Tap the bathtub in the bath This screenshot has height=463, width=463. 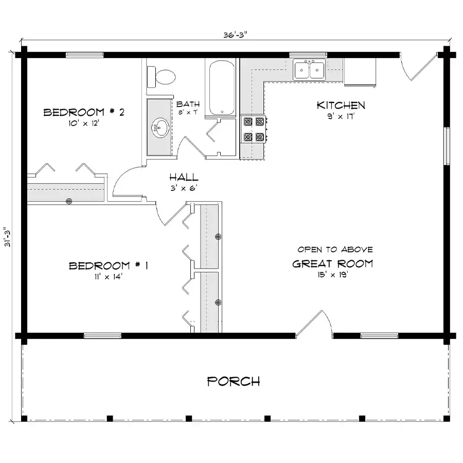click(x=222, y=87)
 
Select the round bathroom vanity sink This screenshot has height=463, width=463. click(x=160, y=128)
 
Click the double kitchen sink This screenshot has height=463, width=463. click(x=309, y=69)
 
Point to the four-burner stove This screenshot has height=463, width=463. click(x=254, y=129)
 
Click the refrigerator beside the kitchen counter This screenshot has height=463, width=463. click(x=360, y=72)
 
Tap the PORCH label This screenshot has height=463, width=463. click(x=234, y=381)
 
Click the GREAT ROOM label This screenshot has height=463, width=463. click(x=333, y=264)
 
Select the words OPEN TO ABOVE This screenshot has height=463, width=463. click(x=335, y=250)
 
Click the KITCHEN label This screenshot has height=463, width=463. click(x=341, y=105)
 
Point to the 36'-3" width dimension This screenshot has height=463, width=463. click(x=235, y=35)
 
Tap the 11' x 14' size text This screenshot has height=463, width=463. click(x=109, y=277)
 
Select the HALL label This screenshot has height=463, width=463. click(x=184, y=177)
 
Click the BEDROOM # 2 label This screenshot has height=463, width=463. click(x=84, y=112)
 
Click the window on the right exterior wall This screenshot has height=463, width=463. click(x=447, y=146)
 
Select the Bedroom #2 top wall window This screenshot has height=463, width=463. click(x=84, y=55)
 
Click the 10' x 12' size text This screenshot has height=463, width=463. click(x=83, y=123)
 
